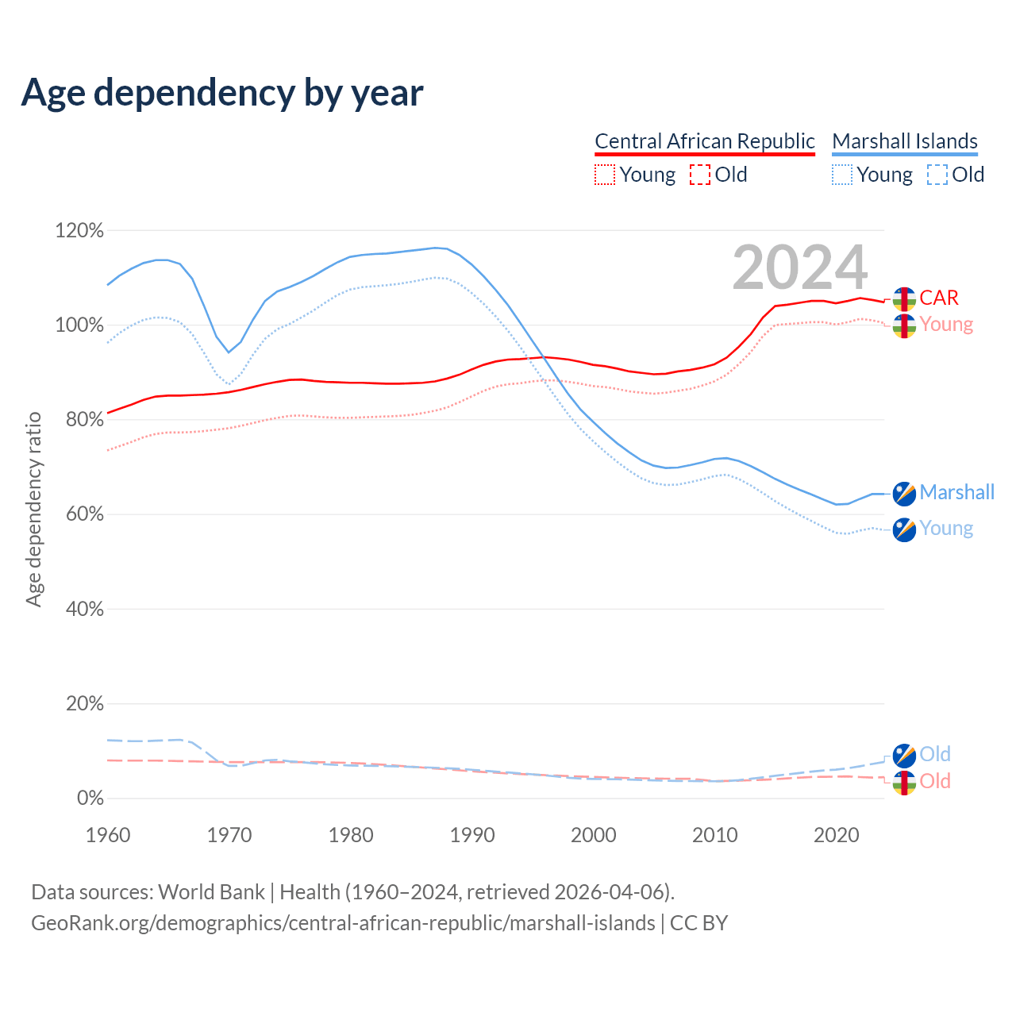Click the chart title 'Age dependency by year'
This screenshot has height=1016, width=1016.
222,93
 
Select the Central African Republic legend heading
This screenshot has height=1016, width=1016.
704,141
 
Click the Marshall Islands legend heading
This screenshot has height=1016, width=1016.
904,141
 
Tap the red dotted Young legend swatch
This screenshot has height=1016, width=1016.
605,175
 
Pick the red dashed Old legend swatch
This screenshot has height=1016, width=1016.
700,175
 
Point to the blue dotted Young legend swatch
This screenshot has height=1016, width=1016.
842,175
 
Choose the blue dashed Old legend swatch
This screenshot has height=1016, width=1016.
937,175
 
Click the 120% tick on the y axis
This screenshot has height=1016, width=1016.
79,231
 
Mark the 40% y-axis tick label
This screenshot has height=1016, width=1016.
84,609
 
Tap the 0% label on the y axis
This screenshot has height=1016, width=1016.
90,798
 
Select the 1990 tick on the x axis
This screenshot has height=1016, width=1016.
472,835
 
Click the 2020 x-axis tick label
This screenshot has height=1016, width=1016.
837,835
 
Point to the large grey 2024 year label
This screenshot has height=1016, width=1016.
799,268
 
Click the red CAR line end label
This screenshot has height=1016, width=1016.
939,298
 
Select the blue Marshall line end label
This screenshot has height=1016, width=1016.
956,492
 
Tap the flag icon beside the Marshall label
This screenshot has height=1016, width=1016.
904,494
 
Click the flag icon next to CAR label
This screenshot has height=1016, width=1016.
904,299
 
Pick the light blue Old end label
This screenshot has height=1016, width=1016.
935,754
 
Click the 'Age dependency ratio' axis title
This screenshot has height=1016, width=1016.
33,509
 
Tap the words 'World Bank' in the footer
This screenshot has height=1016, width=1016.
211,892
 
